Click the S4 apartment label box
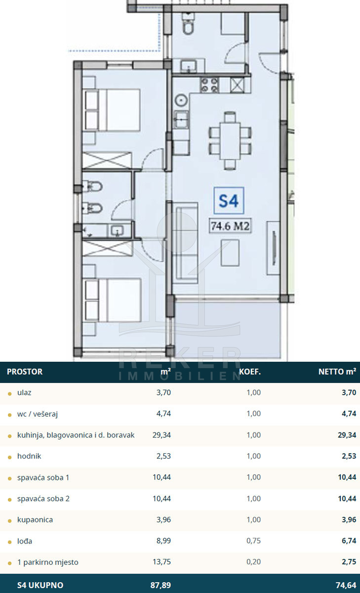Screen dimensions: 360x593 (x=229, y=201)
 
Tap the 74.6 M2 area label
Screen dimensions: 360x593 (x=230, y=226)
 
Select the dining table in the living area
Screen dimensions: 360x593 (x=230, y=141)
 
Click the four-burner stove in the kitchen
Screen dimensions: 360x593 (x=210, y=85)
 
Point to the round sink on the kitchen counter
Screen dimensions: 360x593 (x=181, y=101)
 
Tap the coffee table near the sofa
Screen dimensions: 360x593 (x=230, y=253)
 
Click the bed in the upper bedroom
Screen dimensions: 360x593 (x=112, y=110)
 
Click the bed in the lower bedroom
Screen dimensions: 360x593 (x=113, y=300)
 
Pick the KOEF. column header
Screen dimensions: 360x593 (x=250, y=372)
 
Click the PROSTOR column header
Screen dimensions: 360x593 (x=25, y=372)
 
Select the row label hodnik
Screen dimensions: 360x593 (x=29, y=456)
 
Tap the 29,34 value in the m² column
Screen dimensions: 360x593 (x=161, y=435)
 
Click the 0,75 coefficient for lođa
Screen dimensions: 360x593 (x=254, y=541)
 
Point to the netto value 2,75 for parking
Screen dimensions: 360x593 (x=349, y=562)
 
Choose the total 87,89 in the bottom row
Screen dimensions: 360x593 (x=160, y=585)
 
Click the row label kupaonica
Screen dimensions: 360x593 (x=35, y=520)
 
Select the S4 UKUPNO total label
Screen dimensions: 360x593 (x=40, y=585)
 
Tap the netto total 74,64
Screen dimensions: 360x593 (x=346, y=585)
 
